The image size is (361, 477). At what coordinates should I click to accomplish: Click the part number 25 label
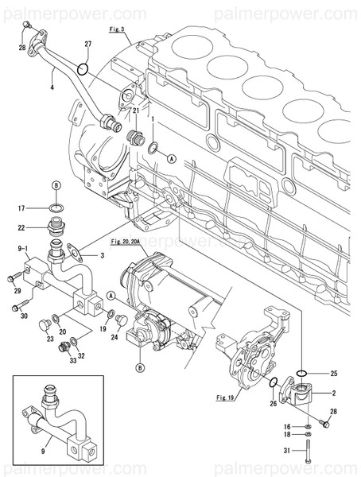pos(333,373)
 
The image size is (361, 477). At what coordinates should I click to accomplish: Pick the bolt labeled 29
pos(12,278)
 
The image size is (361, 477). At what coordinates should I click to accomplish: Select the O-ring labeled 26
pos(274,384)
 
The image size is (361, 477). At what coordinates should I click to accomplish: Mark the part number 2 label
pos(333,393)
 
